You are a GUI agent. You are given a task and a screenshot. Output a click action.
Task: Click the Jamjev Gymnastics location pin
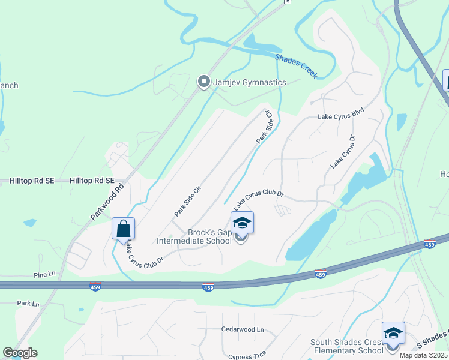pyautogui.click(x=204, y=82)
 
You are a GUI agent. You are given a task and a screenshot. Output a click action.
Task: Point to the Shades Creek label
pyautogui.click(x=296, y=67)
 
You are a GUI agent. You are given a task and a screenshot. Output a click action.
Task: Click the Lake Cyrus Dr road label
pyautogui.click(x=343, y=150)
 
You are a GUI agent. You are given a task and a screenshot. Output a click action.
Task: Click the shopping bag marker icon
pyautogui.click(x=123, y=229)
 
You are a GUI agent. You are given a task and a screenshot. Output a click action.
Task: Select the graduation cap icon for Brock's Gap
pyautogui.click(x=242, y=223)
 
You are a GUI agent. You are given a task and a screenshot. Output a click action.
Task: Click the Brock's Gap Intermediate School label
pyautogui.click(x=194, y=237)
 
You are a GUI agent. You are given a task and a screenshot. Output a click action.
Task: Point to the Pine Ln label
pyautogui.click(x=44, y=274)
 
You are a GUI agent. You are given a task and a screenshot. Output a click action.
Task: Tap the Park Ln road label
pyautogui.click(x=28, y=304)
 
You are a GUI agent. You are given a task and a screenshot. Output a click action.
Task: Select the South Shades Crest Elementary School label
pyautogui.click(x=347, y=347)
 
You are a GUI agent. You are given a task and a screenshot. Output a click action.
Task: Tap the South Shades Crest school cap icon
pyautogui.click(x=393, y=333)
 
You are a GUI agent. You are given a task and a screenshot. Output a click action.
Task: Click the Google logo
pyautogui.click(x=20, y=353)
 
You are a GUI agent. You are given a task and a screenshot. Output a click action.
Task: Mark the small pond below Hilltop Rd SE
pyautogui.click(x=29, y=223)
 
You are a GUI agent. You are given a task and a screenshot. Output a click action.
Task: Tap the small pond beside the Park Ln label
pyautogui.click(x=81, y=310)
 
